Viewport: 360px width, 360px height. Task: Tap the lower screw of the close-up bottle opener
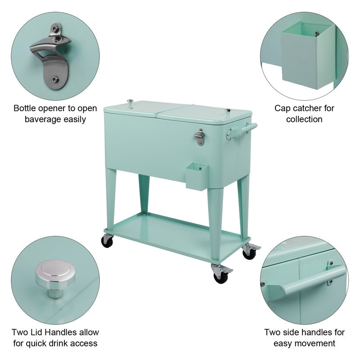54,79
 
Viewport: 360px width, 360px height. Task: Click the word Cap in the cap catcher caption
282,108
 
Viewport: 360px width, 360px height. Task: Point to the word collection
305,119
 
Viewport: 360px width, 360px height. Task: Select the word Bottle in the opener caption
26,108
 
